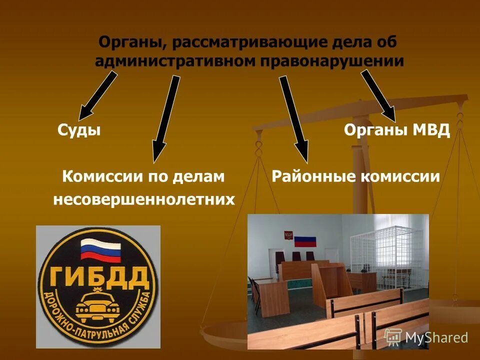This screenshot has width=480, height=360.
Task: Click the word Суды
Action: click(x=79, y=130)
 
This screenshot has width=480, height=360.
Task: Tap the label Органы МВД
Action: click(x=397, y=130)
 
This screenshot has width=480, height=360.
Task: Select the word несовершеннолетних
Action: click(x=144, y=199)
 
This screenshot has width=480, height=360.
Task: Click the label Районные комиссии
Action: click(x=355, y=176)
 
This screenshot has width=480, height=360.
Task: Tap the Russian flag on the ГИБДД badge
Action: click(x=100, y=249)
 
